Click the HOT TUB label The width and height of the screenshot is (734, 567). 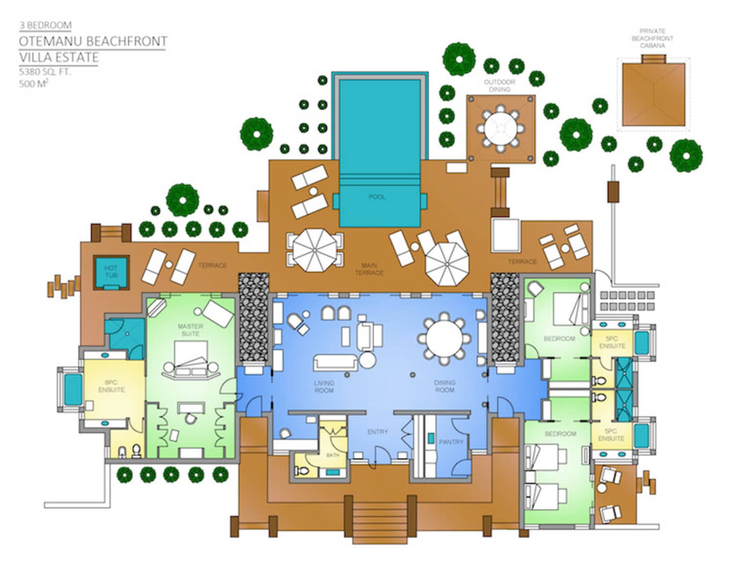(x=111, y=271)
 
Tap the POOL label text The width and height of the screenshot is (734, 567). (x=377, y=197)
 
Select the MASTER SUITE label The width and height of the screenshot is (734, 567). (x=190, y=330)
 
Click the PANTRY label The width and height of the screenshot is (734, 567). (x=451, y=442)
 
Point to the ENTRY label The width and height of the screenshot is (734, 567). (x=378, y=432)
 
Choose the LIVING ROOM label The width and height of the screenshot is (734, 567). (x=324, y=387)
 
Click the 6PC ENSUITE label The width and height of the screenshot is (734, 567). (x=111, y=386)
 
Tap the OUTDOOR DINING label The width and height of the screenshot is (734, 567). (x=499, y=86)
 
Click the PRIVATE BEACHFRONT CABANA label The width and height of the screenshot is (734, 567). (x=652, y=38)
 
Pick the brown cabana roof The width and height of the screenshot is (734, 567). (x=653, y=94)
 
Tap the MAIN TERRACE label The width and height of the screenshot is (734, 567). (x=369, y=269)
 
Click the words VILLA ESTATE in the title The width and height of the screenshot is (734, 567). (x=59, y=58)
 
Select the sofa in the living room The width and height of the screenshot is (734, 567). (x=335, y=362)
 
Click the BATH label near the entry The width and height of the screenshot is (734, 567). (x=332, y=455)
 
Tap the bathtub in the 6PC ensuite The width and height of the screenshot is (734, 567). (x=73, y=389)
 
